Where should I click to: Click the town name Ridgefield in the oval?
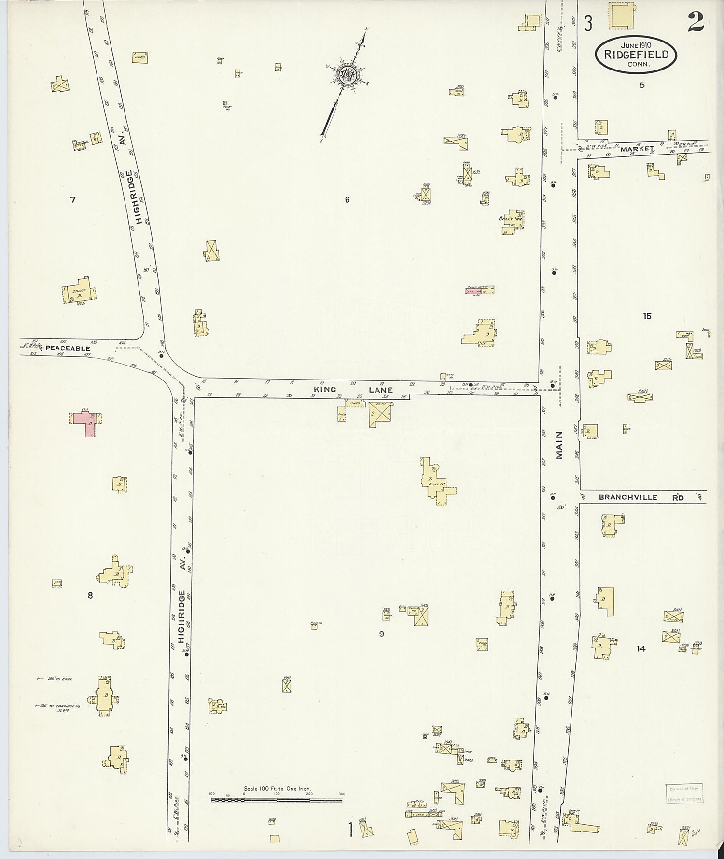(x=636, y=55)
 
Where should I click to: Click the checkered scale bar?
(x=277, y=800)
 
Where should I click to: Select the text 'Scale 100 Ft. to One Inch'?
(x=277, y=789)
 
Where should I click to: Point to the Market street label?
(x=637, y=149)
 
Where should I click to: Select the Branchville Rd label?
(x=628, y=497)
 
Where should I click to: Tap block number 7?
(x=73, y=199)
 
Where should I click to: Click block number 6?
(x=347, y=199)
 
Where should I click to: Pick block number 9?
(x=381, y=634)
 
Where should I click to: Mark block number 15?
(x=647, y=316)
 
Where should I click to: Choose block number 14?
(x=640, y=649)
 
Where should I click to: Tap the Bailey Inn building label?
(x=511, y=219)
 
